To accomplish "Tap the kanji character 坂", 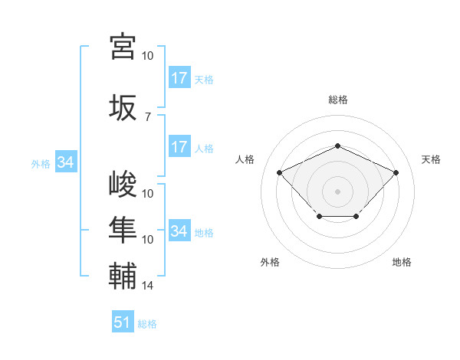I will pos(123,107).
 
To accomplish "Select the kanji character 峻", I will pos(123,186).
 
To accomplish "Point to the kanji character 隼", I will pos(123,228).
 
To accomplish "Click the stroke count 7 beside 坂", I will pos(148,116).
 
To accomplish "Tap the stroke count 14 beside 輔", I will pos(148,286).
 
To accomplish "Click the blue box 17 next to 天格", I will pos(179,78).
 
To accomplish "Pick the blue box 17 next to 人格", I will pos(179,147).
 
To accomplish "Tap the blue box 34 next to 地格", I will pos(179,231).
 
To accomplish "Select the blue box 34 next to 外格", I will pos(65,162).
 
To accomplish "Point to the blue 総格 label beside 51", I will pos(147,324).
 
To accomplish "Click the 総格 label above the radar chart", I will pos(337,100).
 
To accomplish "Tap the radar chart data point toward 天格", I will pos(396,172).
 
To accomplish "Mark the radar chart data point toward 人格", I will pos(280,172).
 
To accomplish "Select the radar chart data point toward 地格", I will pos(356,217).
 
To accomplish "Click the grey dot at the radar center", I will pos(337,191).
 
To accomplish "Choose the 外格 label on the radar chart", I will pos(270,262).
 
